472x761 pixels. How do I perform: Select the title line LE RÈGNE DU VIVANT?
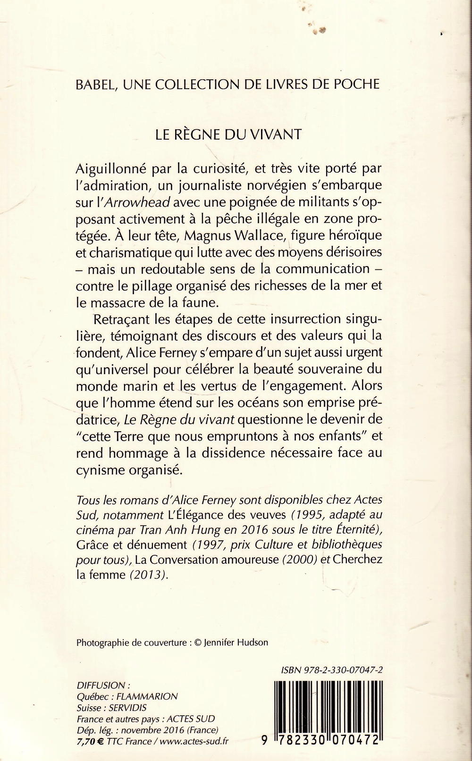(228, 134)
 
